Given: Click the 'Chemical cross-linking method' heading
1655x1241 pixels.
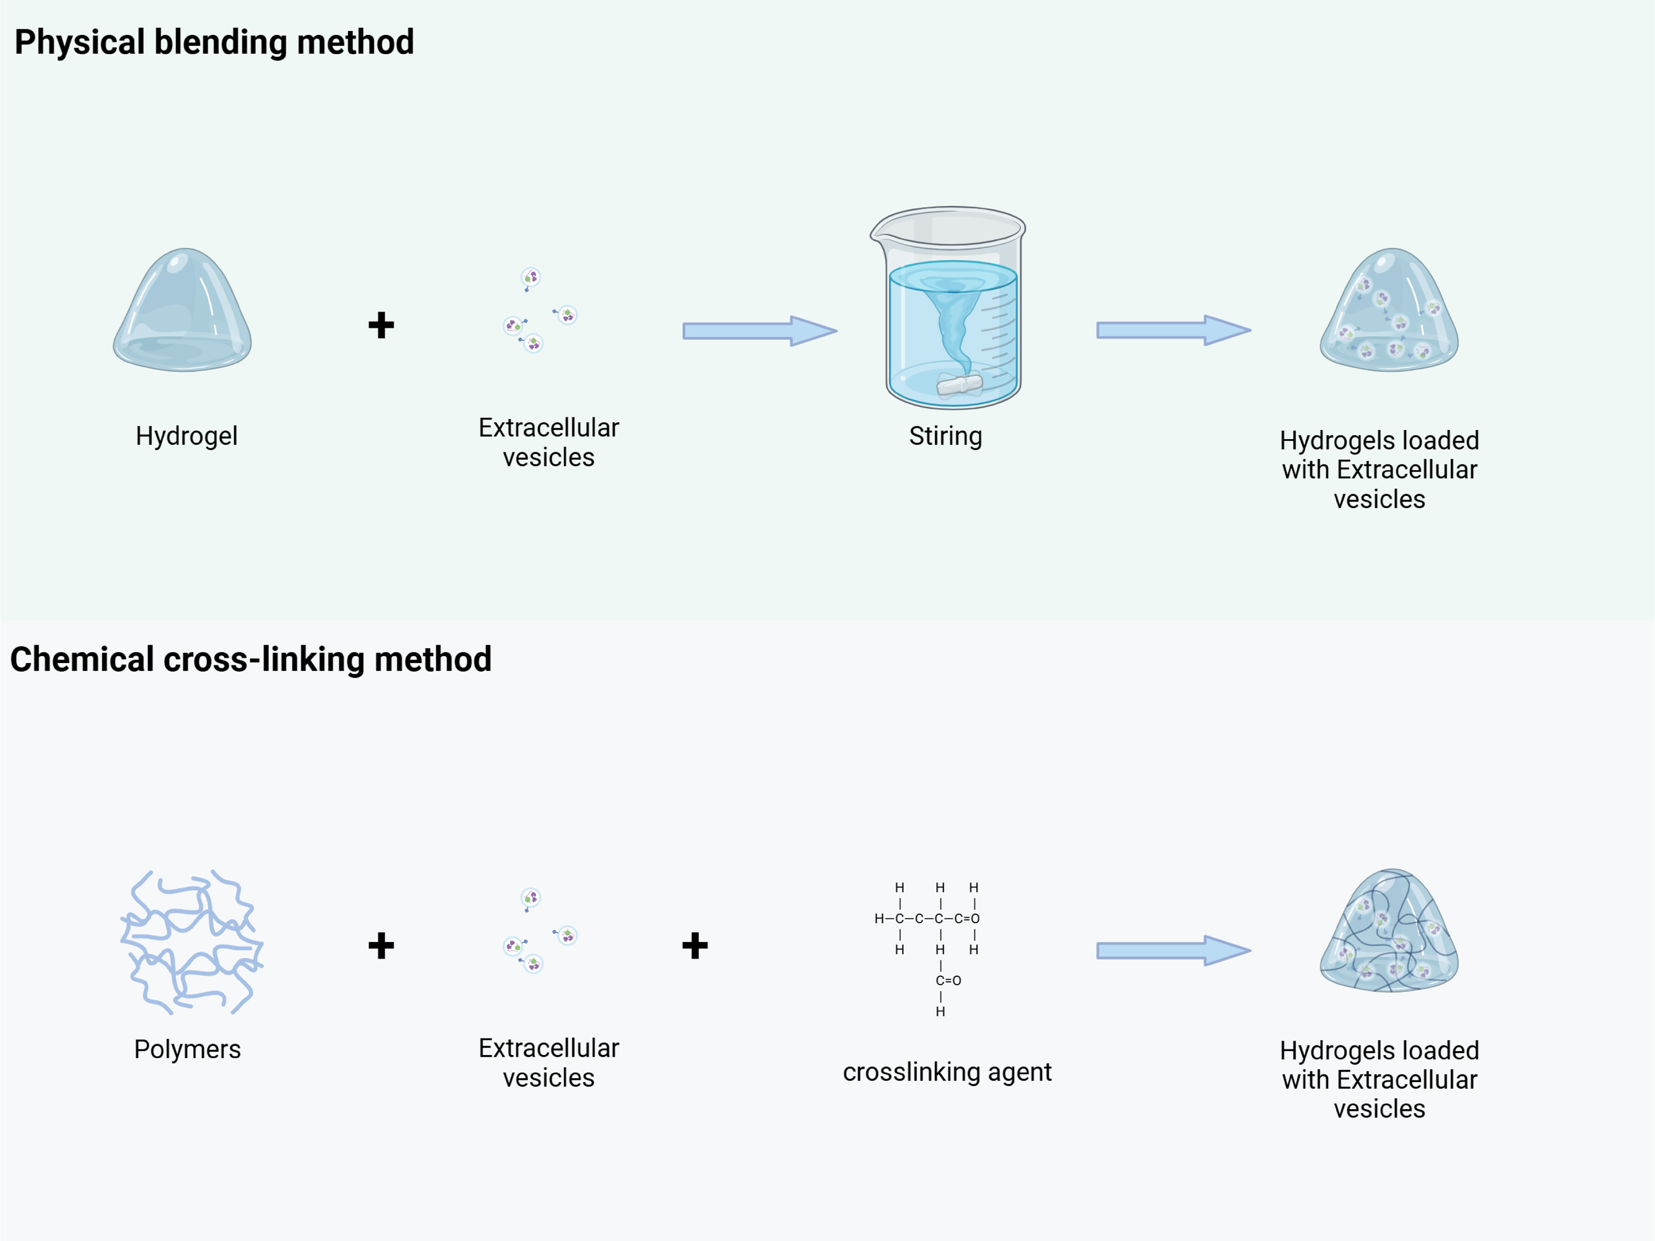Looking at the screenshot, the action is (x=251, y=660).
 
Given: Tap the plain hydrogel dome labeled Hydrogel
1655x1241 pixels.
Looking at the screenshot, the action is (x=183, y=310).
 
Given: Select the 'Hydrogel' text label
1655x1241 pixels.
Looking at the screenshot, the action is (x=186, y=436).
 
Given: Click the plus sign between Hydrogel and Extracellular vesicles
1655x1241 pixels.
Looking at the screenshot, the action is (x=381, y=325).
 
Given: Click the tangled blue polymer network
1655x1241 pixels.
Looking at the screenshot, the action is (x=191, y=941).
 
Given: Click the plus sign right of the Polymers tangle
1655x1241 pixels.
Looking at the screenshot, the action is (x=381, y=945).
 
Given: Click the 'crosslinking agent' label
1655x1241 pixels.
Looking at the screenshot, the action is (x=947, y=1072).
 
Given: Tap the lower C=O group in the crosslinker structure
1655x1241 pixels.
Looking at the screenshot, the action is (x=948, y=980).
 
